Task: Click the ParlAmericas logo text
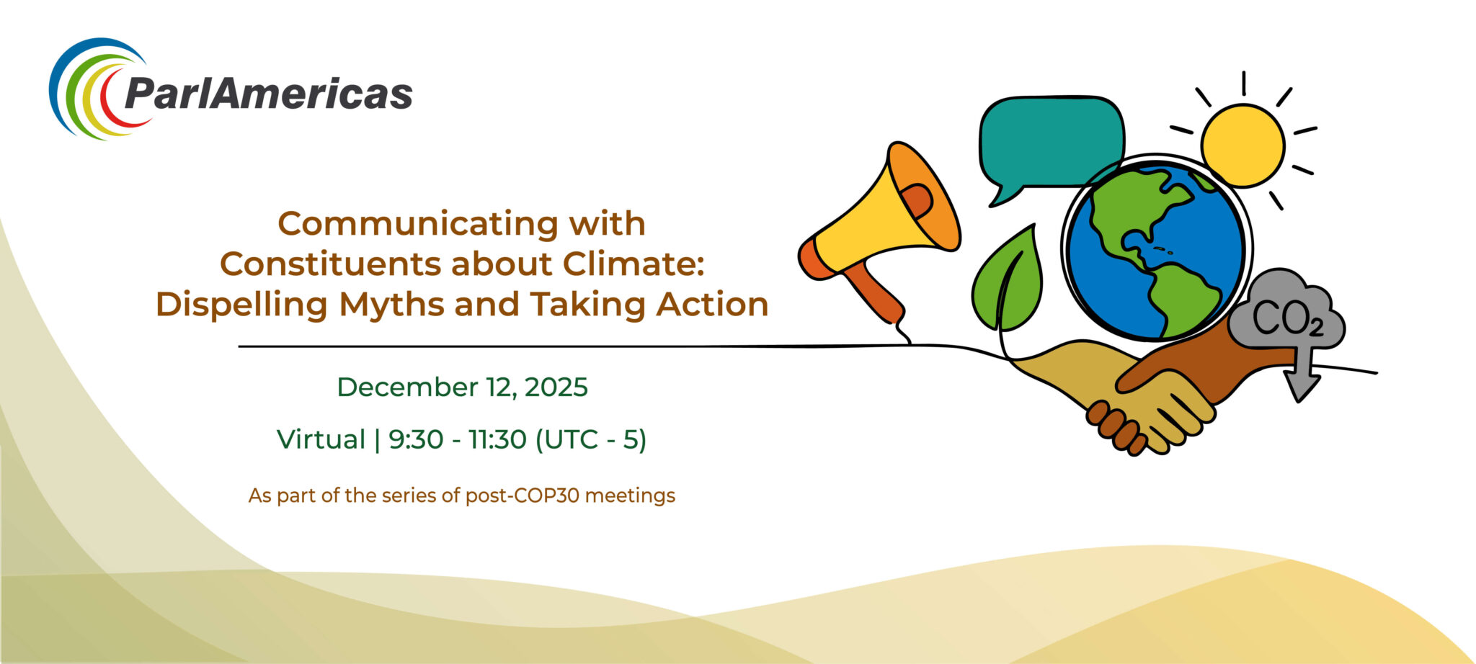(x=268, y=93)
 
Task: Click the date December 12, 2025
(x=462, y=387)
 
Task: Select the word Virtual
(x=321, y=439)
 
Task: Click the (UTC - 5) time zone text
(x=591, y=439)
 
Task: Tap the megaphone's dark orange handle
(x=876, y=295)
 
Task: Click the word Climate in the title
(x=633, y=264)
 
